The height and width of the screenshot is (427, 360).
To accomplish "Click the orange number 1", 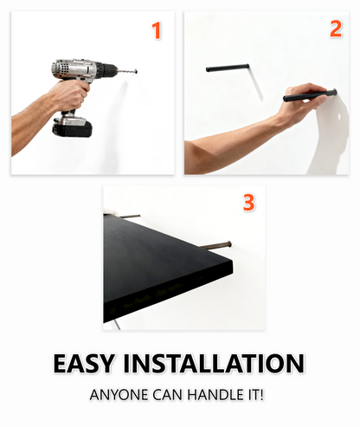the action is (x=157, y=30).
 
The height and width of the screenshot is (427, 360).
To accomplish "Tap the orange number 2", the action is (x=336, y=29).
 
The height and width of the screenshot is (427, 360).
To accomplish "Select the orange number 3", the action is (x=249, y=202).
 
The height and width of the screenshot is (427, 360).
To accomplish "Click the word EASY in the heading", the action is (x=83, y=363).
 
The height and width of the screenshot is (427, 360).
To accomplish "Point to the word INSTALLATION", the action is (x=214, y=363).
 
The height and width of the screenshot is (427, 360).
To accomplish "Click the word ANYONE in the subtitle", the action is (x=119, y=395).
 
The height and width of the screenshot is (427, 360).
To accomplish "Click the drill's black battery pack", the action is (x=72, y=127).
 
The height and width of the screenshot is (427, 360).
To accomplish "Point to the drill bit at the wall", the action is (x=127, y=71).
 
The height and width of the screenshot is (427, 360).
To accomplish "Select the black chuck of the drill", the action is (x=106, y=70).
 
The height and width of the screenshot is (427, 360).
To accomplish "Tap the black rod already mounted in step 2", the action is (x=228, y=68).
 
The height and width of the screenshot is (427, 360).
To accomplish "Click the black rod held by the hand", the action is (x=310, y=95).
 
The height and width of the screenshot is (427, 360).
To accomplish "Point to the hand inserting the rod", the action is (x=303, y=100).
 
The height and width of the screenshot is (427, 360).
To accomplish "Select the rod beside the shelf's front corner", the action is (x=215, y=245).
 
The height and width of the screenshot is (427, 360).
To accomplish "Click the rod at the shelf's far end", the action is (x=130, y=216).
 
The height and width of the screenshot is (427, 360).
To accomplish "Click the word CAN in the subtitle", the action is (x=168, y=395).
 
